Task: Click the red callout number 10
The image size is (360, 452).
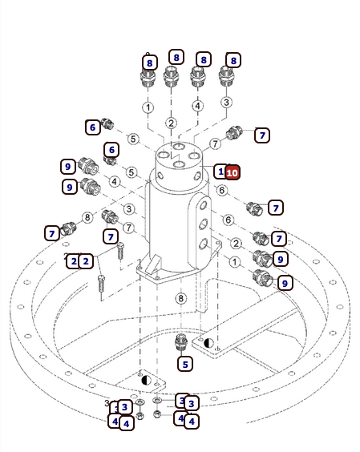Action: pos(233,172)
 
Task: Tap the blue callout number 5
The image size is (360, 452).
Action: pos(185,364)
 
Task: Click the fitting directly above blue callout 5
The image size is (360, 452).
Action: pos(181,342)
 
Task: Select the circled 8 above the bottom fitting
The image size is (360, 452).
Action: pos(181,298)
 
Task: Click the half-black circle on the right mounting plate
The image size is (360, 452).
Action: pos(208,343)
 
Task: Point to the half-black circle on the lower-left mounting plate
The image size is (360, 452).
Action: pos(147,380)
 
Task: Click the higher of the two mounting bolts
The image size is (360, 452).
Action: pos(120,250)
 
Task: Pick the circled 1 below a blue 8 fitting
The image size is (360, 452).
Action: pos(148,107)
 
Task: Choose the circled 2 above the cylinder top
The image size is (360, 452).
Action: pos(171,123)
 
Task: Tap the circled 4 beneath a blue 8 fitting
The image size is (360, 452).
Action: pos(197,106)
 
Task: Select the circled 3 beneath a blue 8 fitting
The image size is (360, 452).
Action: pos(226,102)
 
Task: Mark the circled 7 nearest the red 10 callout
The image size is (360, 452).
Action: pos(215,143)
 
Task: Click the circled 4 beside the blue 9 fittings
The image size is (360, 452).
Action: pos(115,182)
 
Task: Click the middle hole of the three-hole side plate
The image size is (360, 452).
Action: pos(204,224)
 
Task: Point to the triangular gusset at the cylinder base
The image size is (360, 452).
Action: pos(152,264)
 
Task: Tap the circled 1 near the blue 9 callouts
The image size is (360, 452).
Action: pos(234,262)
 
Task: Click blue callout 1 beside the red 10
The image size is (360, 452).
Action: pos(220,172)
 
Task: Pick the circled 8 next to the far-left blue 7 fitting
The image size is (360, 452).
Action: pos(87,217)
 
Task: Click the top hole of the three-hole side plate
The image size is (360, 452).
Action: pos(204,205)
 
